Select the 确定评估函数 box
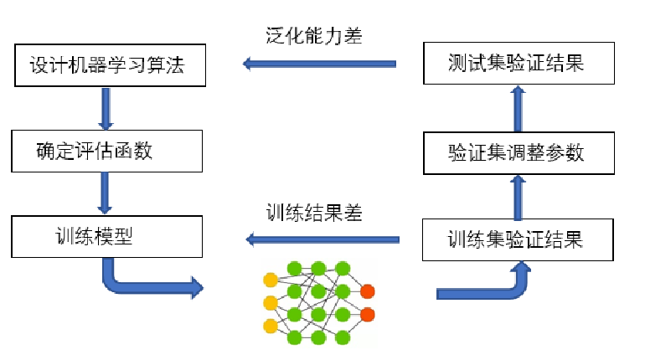(107, 152)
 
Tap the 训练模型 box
(106, 237)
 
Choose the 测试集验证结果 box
(515, 64)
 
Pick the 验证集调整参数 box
(515, 152)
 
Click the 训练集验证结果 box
(515, 239)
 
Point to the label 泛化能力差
(309, 36)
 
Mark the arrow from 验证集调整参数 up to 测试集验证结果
(518, 106)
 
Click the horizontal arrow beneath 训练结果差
(322, 240)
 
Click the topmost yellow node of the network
(270, 280)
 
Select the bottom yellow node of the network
(270, 326)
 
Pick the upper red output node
(367, 291)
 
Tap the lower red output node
(367, 315)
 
